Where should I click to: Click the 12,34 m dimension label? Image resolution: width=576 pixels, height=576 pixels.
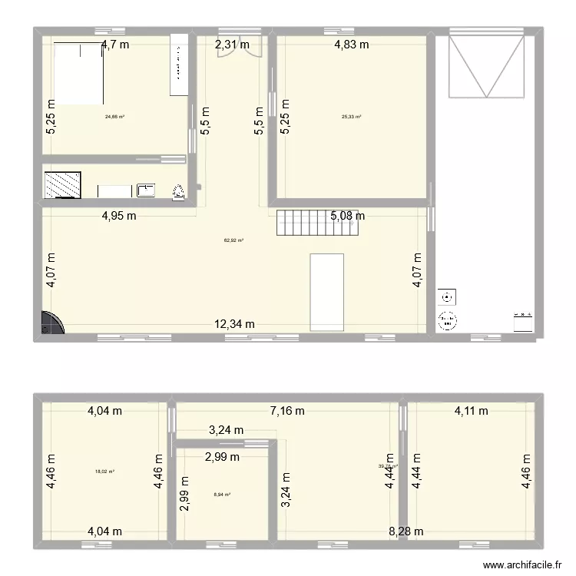(234, 324)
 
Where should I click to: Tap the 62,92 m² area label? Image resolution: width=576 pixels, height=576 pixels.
(233, 240)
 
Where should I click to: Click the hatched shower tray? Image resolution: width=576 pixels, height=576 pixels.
(58, 184)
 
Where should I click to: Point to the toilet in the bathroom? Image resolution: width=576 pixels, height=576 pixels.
(179, 191)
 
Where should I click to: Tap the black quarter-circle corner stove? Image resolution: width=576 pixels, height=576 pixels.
(51, 323)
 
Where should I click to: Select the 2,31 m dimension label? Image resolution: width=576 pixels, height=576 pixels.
(232, 45)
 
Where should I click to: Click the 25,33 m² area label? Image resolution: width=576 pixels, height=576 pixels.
(351, 118)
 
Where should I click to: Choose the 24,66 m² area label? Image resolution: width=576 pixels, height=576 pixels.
(114, 118)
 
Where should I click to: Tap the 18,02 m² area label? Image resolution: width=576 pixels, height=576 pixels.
(104, 472)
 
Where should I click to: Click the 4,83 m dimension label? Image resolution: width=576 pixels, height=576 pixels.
(351, 45)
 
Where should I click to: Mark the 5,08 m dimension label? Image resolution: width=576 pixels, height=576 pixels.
(348, 216)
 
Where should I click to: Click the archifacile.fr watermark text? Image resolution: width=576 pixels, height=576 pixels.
(526, 562)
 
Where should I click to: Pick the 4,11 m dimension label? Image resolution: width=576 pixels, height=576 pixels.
(471, 411)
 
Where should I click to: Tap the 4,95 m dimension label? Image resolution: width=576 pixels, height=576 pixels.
(119, 216)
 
